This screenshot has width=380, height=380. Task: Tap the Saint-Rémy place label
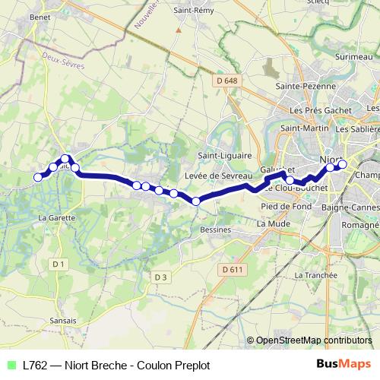click(x=193, y=11)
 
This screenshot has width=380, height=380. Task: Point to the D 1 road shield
click(x=57, y=263)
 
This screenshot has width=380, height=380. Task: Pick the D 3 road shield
click(x=160, y=277)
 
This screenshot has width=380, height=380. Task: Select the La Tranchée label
click(x=314, y=274)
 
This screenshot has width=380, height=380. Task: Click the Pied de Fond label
click(x=282, y=206)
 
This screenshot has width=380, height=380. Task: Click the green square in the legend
click(x=11, y=365)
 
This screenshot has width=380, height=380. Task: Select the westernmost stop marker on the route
click(x=38, y=178)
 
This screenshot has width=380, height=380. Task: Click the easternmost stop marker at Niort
click(x=342, y=164)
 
